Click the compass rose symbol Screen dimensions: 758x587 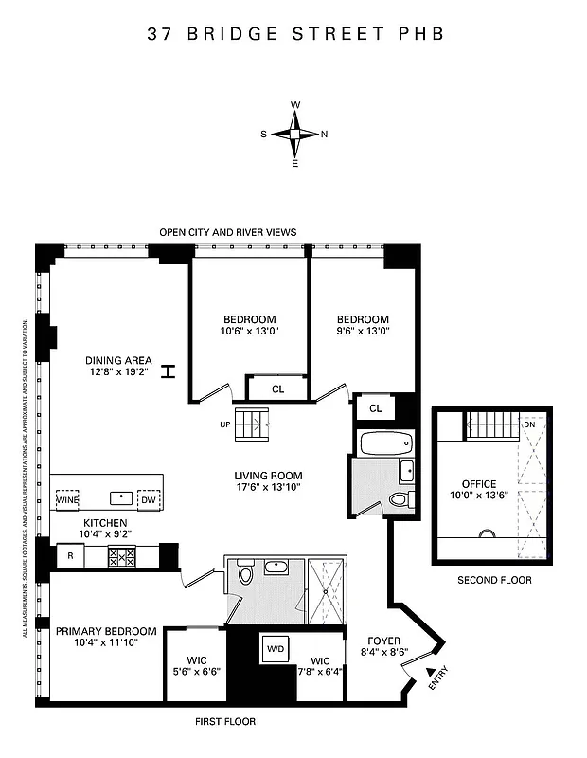pyautogui.click(x=294, y=134)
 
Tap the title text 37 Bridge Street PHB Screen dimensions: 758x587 pyautogui.click(x=294, y=34)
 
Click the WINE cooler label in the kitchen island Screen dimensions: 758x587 pyautogui.click(x=66, y=499)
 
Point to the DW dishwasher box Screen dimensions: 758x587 pyautogui.click(x=148, y=499)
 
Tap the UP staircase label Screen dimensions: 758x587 pyautogui.click(x=225, y=424)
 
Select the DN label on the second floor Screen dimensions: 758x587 pyautogui.click(x=528, y=424)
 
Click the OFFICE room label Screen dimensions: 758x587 pyautogui.click(x=479, y=484)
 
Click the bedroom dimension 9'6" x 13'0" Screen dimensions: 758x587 pyautogui.click(x=364, y=331)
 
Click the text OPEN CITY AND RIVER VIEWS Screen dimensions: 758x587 pyautogui.click(x=227, y=232)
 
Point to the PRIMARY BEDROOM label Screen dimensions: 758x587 pyautogui.click(x=105, y=631)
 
